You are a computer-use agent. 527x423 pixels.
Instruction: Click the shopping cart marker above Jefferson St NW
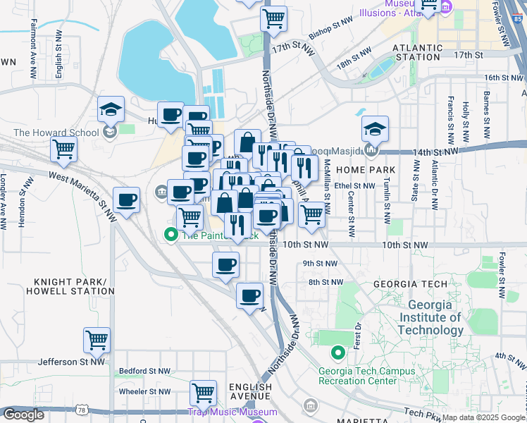pos(97,340)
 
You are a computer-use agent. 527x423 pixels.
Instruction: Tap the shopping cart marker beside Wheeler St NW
pos(203,392)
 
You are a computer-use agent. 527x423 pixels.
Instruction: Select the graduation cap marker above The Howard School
pos(111,109)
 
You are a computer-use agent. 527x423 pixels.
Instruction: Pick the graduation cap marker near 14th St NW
pos(375,129)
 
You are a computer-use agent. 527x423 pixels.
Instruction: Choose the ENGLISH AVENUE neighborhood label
pos(250,393)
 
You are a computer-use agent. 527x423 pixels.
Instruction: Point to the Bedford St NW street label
pos(144,370)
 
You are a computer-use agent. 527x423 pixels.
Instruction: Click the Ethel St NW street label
pos(355,186)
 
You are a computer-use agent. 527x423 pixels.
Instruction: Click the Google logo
pos(23,415)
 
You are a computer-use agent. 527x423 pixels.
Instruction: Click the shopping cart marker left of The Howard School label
pos(63,149)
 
